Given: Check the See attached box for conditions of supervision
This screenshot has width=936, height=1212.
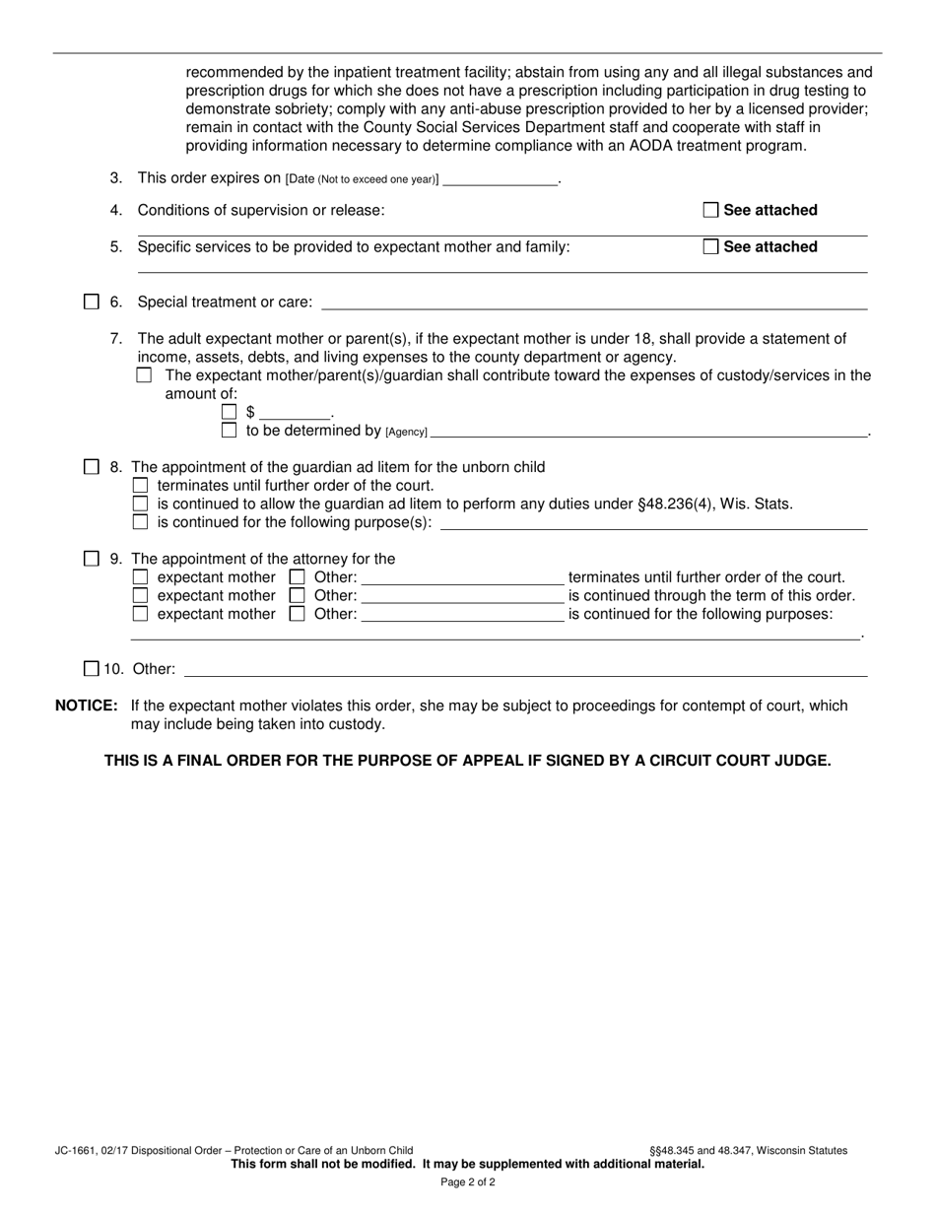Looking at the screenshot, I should pos(710,210).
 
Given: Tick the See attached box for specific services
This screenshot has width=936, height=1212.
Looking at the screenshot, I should pos(710,247).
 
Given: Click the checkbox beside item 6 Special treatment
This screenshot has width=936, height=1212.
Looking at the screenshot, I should pos(92,302).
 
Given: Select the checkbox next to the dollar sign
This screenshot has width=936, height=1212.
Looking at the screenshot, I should pos(230,413).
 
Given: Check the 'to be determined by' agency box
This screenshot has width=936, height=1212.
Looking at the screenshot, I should pos(230,431).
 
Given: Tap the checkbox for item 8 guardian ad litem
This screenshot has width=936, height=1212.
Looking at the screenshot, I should pos(92,467).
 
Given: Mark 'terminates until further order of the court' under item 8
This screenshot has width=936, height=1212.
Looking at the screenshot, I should pos(141,486).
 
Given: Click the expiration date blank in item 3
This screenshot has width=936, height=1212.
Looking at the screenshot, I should pos(501,179).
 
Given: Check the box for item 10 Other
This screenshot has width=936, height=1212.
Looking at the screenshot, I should pos(92,669).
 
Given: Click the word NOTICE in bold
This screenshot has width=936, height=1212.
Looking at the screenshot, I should pos(87,706).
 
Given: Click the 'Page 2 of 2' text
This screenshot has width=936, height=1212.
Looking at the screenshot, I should pos(468,1181).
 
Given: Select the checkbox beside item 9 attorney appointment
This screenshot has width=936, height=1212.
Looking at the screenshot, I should pos(92,559).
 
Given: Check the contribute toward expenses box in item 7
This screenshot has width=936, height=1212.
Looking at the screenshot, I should pos(145,375).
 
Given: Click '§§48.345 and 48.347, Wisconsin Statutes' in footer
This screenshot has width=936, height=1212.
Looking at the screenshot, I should pos(748,1150).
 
